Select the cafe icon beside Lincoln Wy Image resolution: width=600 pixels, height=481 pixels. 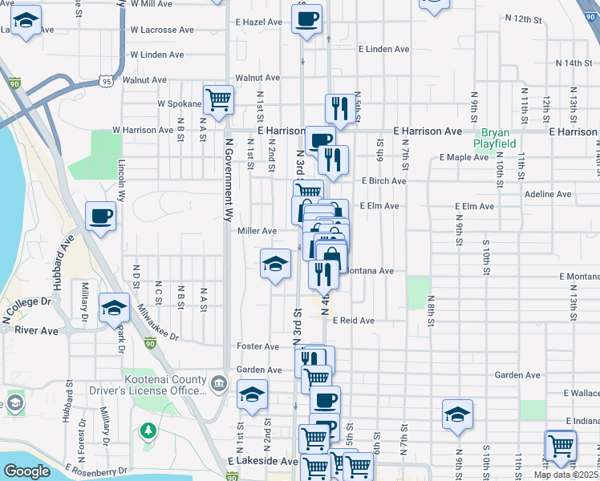[x=101, y=216]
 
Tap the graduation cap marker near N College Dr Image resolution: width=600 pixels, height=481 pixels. [x=114, y=308]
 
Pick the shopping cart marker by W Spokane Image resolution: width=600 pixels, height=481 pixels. [x=218, y=99]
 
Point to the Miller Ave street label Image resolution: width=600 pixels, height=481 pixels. [x=257, y=231]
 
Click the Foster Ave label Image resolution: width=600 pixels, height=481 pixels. [x=257, y=346]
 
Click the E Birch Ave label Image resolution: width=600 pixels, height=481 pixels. [x=383, y=181]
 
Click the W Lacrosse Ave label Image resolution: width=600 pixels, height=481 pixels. [x=162, y=30]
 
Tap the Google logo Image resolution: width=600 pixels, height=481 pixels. [x=26, y=471]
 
